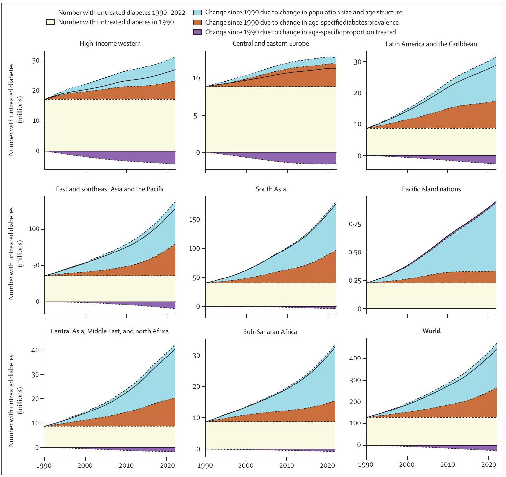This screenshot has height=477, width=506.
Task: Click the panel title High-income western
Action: click(x=110, y=43)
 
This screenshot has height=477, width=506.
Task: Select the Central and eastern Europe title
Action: click(x=270, y=43)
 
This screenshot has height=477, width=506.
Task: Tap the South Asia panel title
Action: click(x=270, y=189)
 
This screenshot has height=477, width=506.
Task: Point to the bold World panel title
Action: click(x=431, y=331)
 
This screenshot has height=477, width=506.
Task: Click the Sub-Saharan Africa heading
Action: click(x=270, y=332)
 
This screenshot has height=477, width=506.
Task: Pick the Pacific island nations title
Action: click(x=431, y=189)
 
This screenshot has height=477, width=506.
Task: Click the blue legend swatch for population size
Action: click(x=197, y=13)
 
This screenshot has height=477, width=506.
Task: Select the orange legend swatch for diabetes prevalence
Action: click(x=197, y=22)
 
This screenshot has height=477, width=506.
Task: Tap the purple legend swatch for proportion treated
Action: click(x=197, y=32)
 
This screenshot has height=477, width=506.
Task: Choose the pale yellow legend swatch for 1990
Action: click(x=50, y=22)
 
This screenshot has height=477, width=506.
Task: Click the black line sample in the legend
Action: click(x=50, y=13)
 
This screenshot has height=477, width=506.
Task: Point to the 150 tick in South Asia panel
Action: click(x=194, y=220)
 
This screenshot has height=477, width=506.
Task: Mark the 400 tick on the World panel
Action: click(x=355, y=358)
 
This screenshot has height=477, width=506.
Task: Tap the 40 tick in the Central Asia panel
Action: click(x=35, y=350)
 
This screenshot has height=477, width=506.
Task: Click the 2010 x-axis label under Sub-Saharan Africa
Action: click(x=286, y=465)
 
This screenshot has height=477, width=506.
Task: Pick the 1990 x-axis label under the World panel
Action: click(x=366, y=465)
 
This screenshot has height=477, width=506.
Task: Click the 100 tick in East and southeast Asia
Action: click(x=34, y=229)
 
